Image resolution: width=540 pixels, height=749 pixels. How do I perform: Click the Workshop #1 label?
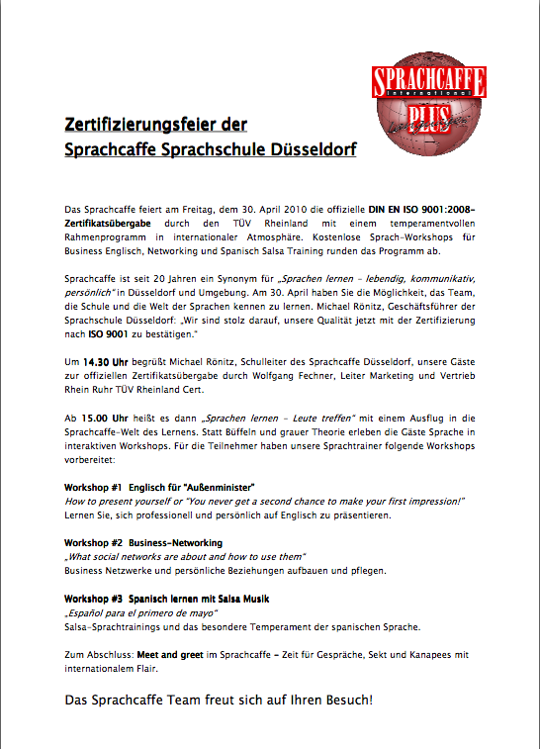point(93,488)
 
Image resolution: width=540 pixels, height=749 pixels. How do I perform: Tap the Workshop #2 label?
point(93,543)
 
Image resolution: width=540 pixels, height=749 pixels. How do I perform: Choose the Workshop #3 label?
point(93,599)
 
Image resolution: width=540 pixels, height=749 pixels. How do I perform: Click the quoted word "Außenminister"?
point(216,488)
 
